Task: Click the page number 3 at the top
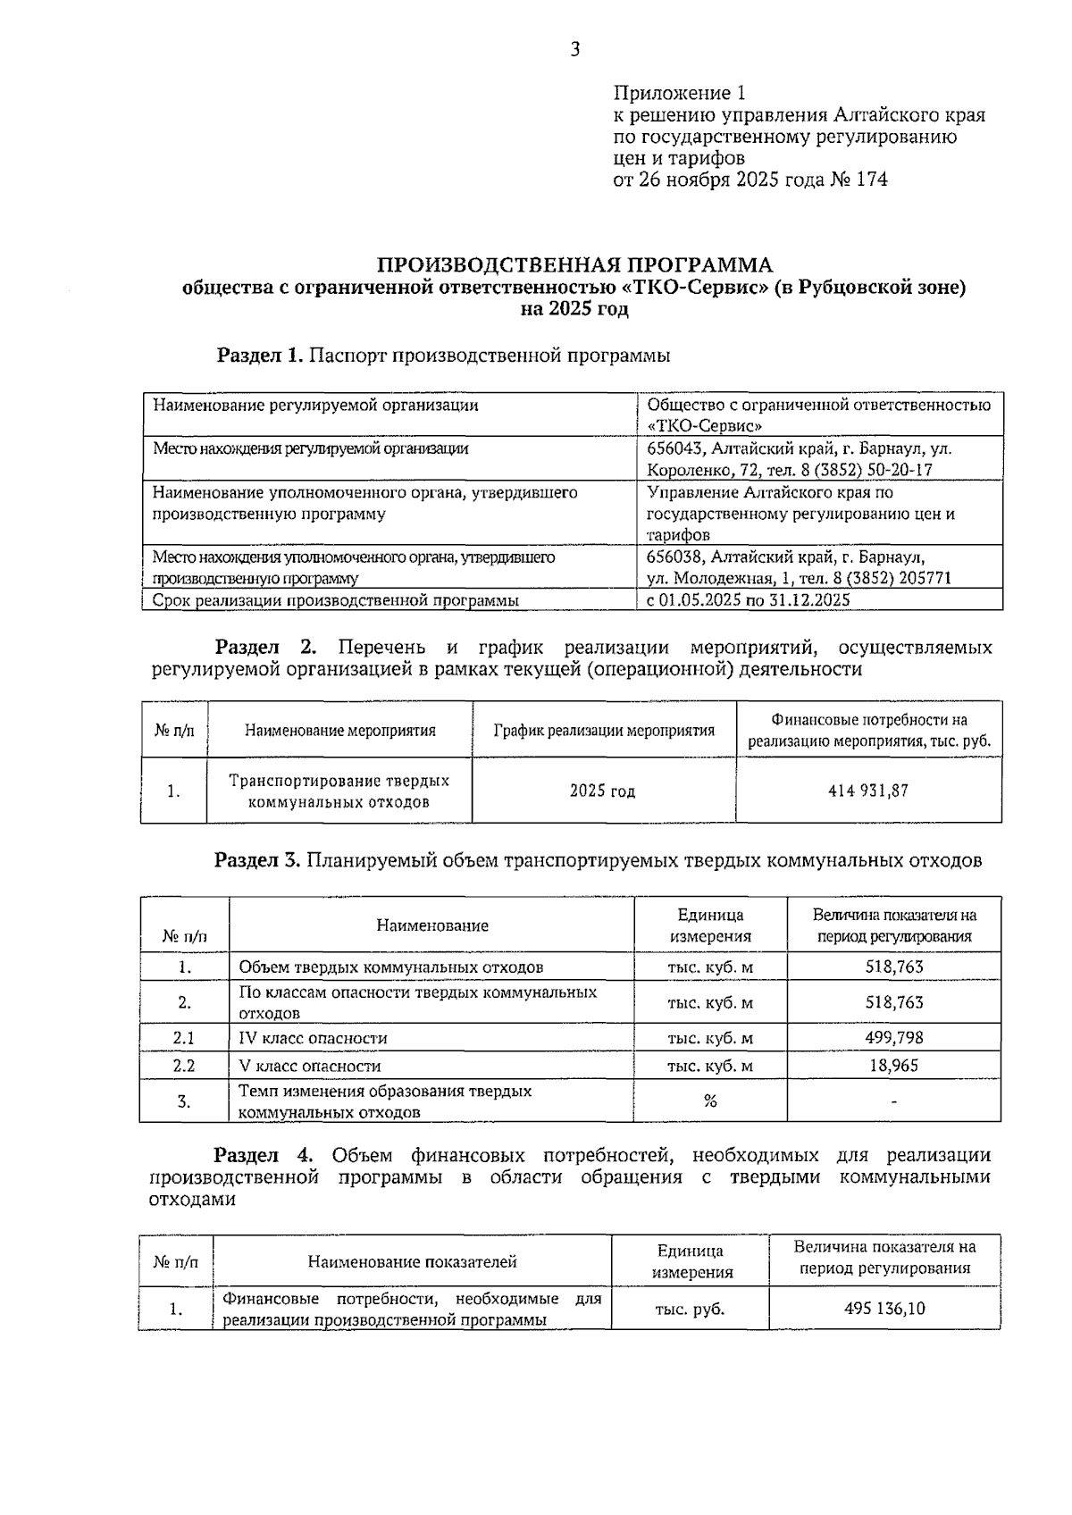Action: point(574,50)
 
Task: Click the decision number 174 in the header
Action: point(871,180)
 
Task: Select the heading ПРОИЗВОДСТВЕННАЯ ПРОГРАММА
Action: point(574,265)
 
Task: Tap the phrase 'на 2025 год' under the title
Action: point(574,310)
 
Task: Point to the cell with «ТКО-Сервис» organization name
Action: point(818,414)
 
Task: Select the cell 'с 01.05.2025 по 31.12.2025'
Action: point(748,600)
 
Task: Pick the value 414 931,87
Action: point(868,791)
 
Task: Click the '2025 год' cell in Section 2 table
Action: point(603,791)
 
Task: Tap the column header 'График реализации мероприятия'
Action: point(604,730)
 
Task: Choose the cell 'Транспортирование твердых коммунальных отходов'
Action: point(339,791)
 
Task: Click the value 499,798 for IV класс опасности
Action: point(893,1037)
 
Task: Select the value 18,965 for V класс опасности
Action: point(893,1065)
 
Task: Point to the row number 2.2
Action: point(184,1065)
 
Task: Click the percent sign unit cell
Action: point(710,1101)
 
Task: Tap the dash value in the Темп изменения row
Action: point(893,1101)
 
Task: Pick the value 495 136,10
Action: point(884,1309)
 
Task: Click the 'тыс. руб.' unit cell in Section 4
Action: point(690,1309)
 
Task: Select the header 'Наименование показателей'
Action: point(412,1261)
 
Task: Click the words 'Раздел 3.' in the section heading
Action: point(257,860)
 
